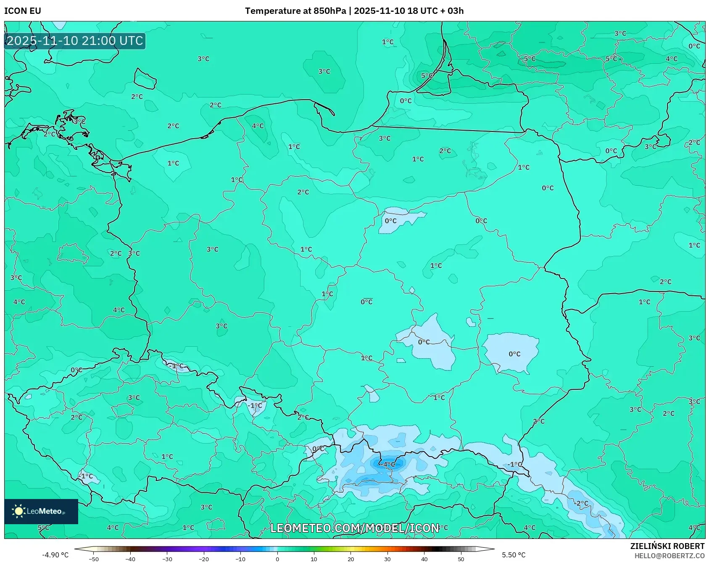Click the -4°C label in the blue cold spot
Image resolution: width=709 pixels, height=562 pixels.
[388, 465]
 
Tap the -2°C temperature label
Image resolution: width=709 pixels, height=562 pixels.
[581, 503]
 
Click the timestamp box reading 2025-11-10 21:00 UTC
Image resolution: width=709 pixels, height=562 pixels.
[75, 41]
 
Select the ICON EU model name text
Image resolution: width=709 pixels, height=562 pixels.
[23, 11]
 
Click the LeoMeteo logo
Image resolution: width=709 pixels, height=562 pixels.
[41, 511]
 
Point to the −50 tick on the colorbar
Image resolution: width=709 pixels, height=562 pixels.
[94, 559]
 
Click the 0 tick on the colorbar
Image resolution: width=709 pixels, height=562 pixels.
[277, 559]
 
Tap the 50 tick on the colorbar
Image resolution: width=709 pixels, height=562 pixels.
[461, 559]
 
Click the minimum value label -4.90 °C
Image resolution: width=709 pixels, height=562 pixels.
[55, 555]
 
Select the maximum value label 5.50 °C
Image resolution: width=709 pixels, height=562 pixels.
[514, 555]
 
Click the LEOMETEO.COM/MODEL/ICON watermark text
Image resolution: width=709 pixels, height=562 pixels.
[354, 528]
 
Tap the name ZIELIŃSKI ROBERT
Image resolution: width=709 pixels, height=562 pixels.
[667, 546]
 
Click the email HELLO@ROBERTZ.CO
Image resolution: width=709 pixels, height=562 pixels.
[669, 556]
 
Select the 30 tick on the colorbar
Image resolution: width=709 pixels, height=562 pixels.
[387, 559]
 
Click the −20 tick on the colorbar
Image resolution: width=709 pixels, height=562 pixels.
[204, 559]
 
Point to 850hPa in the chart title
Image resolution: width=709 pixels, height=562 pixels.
[329, 11]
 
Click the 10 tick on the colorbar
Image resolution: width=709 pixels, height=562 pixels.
[314, 559]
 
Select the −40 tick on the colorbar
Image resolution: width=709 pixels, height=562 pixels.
[130, 559]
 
